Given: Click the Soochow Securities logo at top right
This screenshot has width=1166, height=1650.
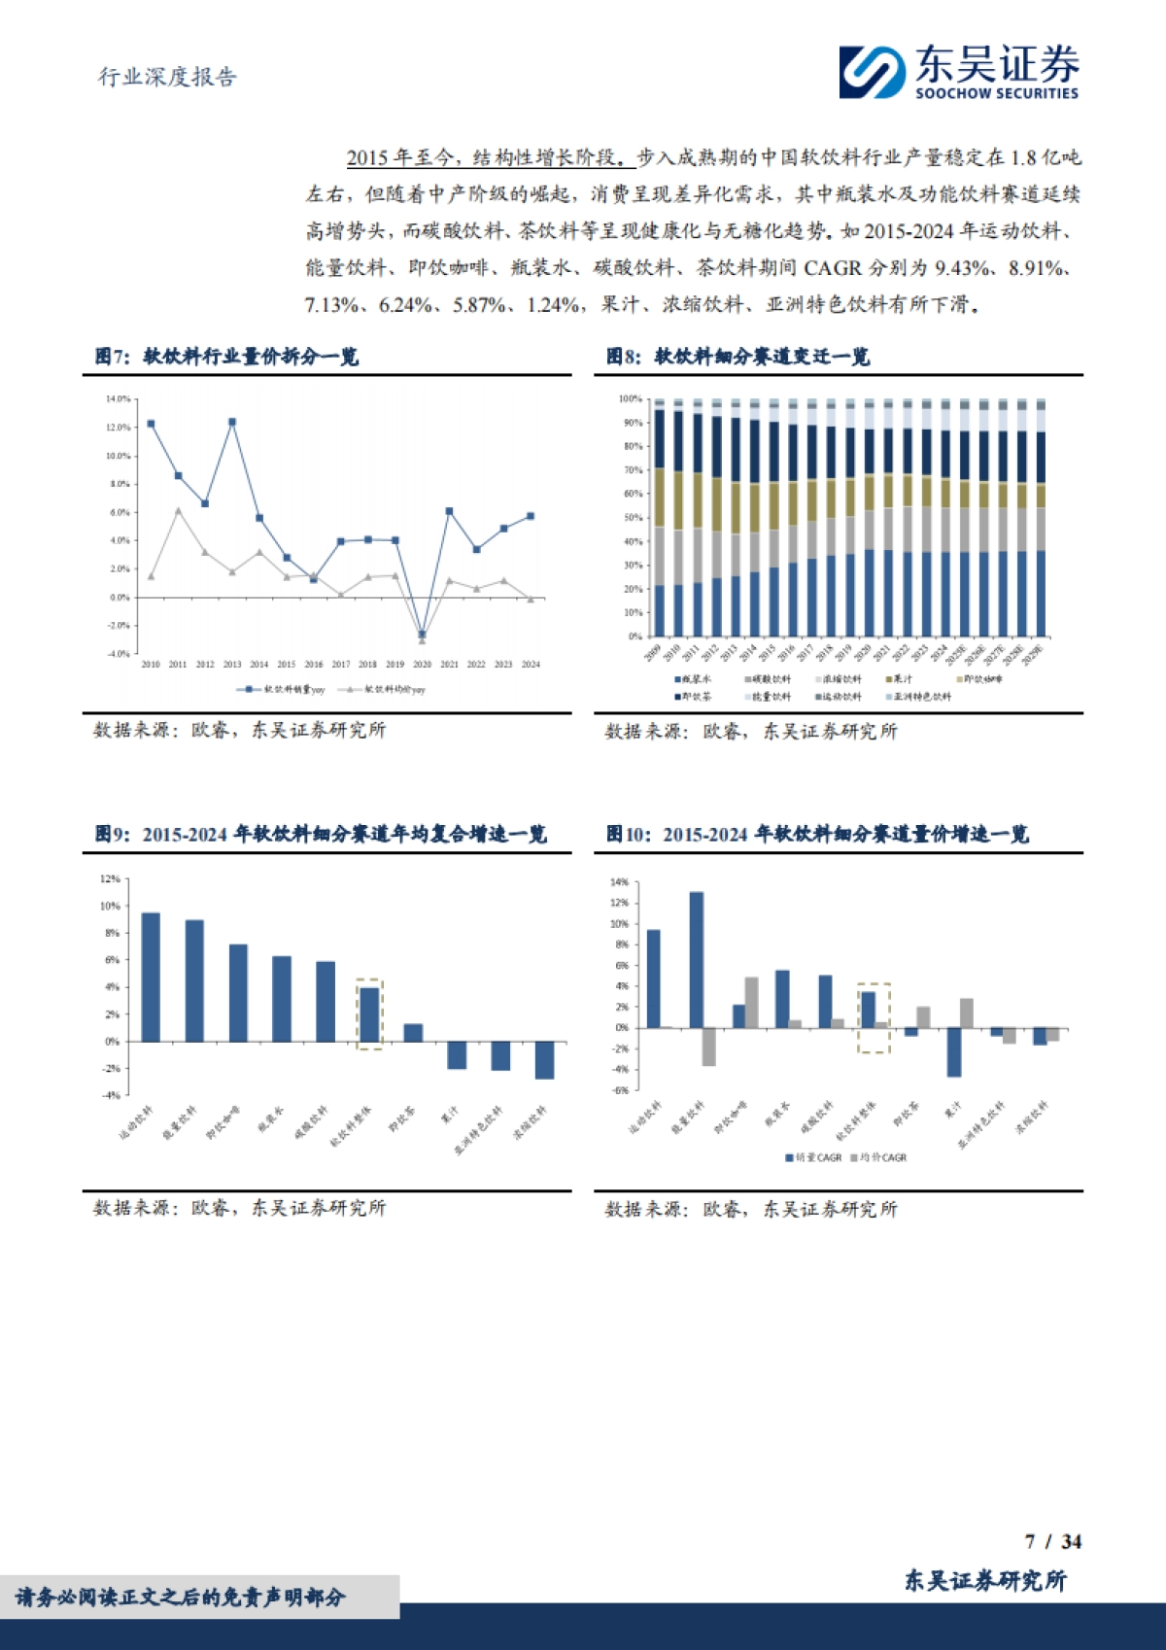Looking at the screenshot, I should [x=958, y=72].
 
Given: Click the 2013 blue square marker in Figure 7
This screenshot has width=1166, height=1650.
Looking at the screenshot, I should [x=232, y=423].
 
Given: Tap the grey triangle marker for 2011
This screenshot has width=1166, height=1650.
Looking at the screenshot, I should [x=178, y=510].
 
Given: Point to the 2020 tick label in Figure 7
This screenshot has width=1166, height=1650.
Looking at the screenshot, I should [x=422, y=665].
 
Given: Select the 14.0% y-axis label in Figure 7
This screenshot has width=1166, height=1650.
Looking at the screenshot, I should [x=118, y=399].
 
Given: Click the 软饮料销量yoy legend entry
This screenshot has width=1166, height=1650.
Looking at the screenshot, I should [x=281, y=690].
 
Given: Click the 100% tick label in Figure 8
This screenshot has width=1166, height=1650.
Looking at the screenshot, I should [x=630, y=399].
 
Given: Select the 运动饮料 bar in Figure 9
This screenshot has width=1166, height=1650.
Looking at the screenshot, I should [x=151, y=977].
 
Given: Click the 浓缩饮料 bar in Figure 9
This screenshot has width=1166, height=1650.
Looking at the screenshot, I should [x=544, y=1060].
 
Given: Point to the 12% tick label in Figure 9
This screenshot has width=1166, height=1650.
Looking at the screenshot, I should [x=110, y=879].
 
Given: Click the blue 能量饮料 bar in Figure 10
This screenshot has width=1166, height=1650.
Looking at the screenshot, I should [x=697, y=960].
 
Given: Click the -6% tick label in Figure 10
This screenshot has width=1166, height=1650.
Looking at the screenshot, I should [x=620, y=1090].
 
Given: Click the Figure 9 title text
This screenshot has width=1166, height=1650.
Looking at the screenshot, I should [x=321, y=835].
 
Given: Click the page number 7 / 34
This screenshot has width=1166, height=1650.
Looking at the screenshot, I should [x=1053, y=1542].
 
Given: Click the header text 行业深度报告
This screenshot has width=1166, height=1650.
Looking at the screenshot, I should [x=167, y=78].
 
